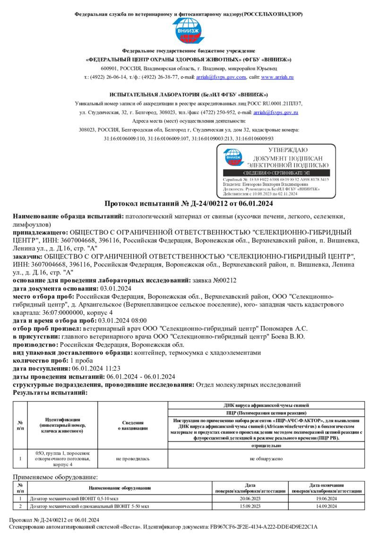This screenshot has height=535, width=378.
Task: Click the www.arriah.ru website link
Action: tap(277, 77)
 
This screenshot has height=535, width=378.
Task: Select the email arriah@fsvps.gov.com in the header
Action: tap(221, 77)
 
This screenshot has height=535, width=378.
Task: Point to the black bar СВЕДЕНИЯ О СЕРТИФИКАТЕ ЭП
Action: tap(276, 173)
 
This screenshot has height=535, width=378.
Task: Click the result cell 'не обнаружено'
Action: tap(266, 458)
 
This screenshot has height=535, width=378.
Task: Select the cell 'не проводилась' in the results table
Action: tap(133, 458)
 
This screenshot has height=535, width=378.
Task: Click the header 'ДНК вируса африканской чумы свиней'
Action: tap(266, 406)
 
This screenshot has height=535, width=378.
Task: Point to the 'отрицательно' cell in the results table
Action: tap(266, 446)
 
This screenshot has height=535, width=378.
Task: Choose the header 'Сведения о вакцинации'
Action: tap(133, 425)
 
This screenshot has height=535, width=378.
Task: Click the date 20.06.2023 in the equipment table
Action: tap(250, 499)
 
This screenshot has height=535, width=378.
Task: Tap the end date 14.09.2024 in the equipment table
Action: tap(326, 506)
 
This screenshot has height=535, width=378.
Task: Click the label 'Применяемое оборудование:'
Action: tap(55, 477)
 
